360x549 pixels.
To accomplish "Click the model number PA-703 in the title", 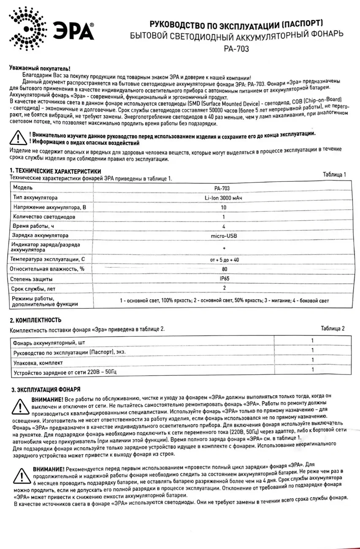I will point(237,49).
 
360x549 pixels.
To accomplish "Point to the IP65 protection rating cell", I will point(224,279).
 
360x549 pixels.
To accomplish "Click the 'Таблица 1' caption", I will point(334,174).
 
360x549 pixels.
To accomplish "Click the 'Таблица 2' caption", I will point(333,328).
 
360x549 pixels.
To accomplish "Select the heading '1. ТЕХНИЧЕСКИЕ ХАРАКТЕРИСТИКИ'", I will point(55,171).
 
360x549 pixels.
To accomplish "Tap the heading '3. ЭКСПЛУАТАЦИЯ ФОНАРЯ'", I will point(46,389).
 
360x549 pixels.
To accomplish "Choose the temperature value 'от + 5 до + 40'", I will point(224,260).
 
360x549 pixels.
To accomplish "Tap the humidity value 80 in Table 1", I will point(224,268).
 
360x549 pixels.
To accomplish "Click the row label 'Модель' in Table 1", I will point(23,187).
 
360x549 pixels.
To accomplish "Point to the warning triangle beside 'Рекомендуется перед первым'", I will point(21,476).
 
